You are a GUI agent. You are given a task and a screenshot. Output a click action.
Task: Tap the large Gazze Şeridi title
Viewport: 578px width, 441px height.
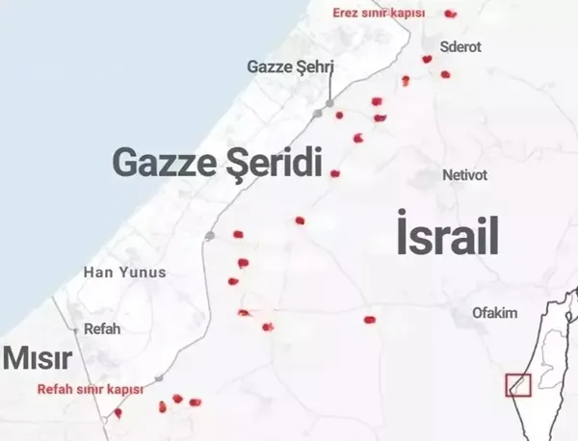[x=217, y=162]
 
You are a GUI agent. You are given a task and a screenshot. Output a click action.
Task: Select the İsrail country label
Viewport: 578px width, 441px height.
[x=447, y=236]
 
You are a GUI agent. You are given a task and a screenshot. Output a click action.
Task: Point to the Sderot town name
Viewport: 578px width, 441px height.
[x=460, y=46]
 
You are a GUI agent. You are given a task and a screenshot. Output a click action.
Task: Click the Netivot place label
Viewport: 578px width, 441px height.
[x=465, y=175]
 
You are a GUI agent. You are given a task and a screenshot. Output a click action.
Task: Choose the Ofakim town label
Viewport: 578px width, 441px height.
[x=495, y=313]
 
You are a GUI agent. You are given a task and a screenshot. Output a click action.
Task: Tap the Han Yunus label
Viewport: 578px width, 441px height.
[x=125, y=272]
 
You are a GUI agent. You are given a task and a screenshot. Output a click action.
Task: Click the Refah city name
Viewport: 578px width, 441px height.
[x=103, y=328]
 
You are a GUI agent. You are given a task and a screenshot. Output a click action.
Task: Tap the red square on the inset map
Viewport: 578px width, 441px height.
[x=518, y=383]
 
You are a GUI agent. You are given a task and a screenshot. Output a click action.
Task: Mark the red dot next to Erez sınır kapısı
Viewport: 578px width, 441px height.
[x=450, y=13]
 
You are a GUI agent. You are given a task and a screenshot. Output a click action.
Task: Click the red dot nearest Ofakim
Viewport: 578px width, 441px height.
[x=369, y=320]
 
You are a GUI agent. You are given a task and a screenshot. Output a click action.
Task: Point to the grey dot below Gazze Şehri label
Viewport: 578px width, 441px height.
[x=329, y=101]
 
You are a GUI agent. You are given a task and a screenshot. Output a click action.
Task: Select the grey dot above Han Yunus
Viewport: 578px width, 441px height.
[x=209, y=235]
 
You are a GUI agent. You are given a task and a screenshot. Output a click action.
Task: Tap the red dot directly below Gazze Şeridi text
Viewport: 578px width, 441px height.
[x=335, y=173]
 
